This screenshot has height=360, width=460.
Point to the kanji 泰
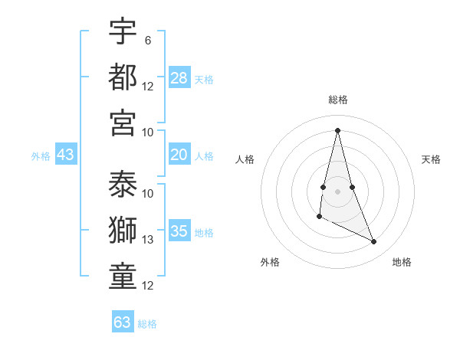123,185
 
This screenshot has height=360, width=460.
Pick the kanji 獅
123,231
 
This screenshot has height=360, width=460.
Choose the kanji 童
123,277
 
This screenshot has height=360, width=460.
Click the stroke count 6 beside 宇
147,39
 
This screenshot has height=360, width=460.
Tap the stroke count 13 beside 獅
148,240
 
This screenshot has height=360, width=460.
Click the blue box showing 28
179,77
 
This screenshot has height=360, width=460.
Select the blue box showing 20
179,155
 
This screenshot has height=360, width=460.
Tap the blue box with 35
179,231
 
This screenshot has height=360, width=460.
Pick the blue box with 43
65,155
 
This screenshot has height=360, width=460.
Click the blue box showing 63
123,322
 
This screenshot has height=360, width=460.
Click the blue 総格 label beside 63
147,324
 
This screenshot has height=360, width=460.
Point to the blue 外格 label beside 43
41,156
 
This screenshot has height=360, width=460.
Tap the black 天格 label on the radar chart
431,159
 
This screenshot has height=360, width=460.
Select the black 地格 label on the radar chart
402,262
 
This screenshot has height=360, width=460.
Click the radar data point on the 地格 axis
374,242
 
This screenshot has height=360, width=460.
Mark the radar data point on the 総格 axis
337,129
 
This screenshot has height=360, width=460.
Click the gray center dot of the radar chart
337,191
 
